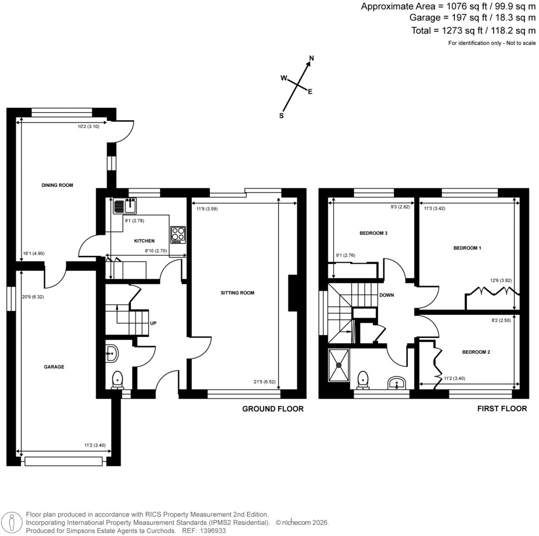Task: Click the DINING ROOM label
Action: pyautogui.click(x=57, y=185)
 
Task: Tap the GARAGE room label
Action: pyautogui.click(x=54, y=367)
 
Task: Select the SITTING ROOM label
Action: pyautogui.click(x=237, y=293)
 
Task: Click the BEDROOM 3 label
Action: pyautogui.click(x=375, y=233)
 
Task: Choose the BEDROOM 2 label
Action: pyautogui.click(x=476, y=352)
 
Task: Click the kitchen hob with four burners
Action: pyautogui.click(x=178, y=234)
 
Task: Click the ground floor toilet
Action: pyautogui.click(x=117, y=380)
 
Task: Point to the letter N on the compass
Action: pyautogui.click(x=312, y=58)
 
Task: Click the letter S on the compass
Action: pyautogui.click(x=282, y=116)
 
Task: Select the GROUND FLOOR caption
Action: pyautogui.click(x=273, y=409)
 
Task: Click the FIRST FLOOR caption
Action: pyautogui.click(x=502, y=409)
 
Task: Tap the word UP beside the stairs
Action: pyautogui.click(x=153, y=323)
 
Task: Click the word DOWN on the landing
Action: pyautogui.click(x=387, y=295)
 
